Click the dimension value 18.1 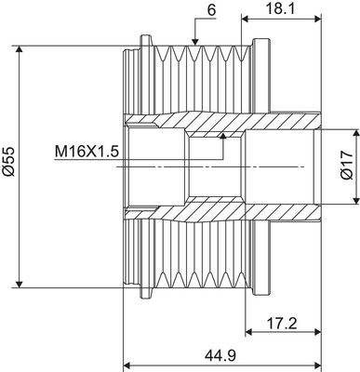click(x=276, y=10)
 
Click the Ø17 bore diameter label click(x=344, y=163)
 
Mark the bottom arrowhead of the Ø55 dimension click(x=20, y=282)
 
